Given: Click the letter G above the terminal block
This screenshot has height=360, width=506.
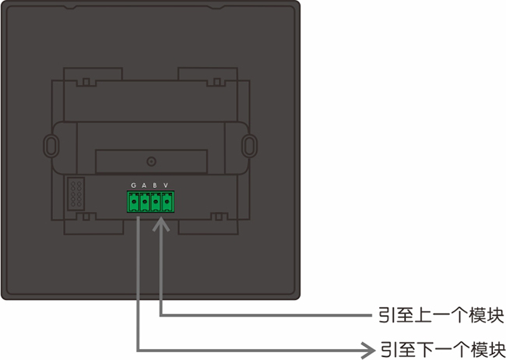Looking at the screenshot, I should tap(133, 185).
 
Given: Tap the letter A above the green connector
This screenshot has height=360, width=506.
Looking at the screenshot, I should tap(144, 185).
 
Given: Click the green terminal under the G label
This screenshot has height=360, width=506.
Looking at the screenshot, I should tap(134, 203).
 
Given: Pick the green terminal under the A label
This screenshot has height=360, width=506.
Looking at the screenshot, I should tap(145, 203).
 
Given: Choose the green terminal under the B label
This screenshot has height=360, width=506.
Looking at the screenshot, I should tap(156, 203).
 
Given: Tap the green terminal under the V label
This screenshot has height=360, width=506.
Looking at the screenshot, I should tap(167, 203).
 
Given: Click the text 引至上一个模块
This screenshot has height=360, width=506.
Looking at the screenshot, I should tap(440, 316).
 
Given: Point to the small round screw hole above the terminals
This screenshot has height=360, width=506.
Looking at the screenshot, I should tap(151, 162).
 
